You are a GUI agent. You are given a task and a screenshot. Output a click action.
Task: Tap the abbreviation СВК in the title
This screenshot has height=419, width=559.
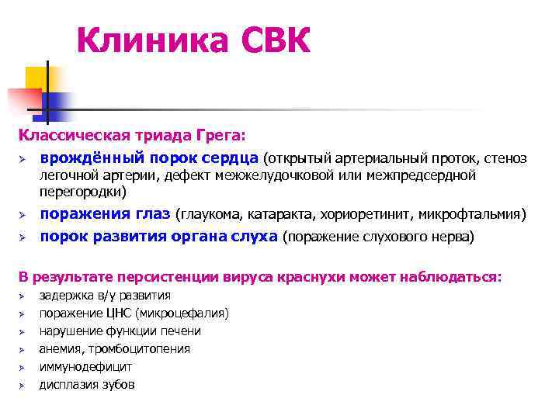pyautogui.click(x=269, y=40)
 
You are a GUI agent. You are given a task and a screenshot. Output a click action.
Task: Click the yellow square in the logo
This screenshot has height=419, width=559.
pyautogui.click(x=37, y=78)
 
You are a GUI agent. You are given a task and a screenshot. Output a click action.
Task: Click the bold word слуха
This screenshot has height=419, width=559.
pyautogui.click(x=250, y=237)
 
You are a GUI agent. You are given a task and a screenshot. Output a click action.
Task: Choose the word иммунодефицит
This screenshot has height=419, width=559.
pyautogui.click(x=85, y=366)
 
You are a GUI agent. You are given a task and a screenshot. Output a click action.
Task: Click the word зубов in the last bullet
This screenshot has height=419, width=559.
pyautogui.click(x=118, y=384)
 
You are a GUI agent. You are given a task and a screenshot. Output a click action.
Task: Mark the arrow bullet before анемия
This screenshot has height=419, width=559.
pyautogui.click(x=23, y=349)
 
